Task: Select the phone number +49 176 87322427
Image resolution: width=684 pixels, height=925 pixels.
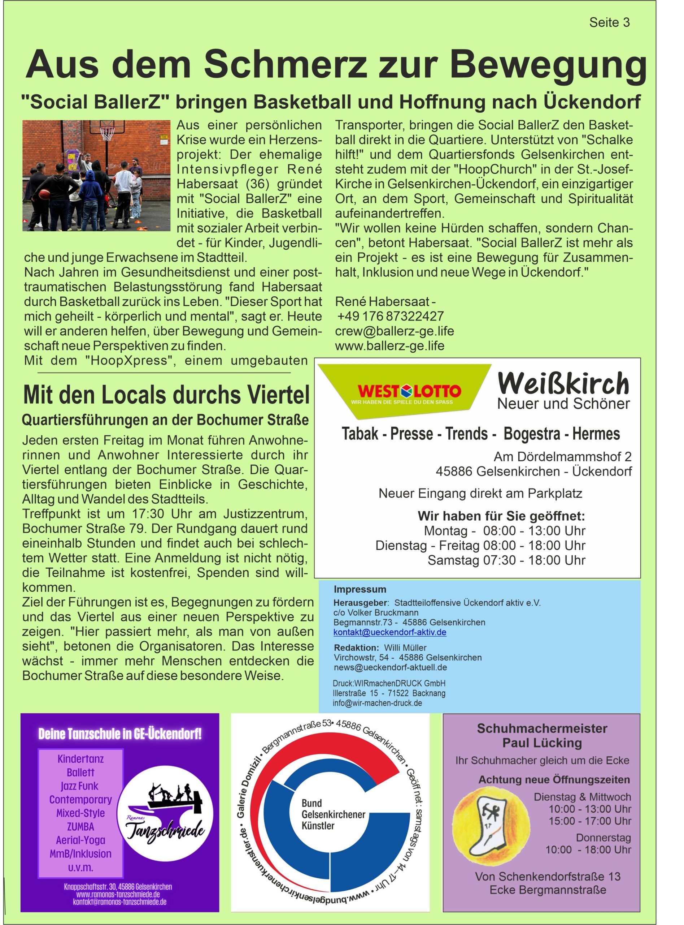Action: [x=391, y=316]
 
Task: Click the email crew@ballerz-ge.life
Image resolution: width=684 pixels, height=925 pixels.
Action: [x=394, y=331]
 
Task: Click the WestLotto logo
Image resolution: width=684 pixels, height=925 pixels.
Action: [x=409, y=392]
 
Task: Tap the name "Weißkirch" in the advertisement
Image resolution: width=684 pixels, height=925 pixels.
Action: [x=563, y=383]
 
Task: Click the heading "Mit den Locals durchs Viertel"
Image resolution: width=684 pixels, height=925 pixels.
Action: [x=166, y=395]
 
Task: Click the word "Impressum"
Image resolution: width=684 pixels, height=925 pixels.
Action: [x=360, y=589]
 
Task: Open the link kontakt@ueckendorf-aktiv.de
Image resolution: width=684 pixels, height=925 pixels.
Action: [x=389, y=632]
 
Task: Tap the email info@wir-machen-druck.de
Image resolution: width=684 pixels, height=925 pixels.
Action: [x=377, y=703]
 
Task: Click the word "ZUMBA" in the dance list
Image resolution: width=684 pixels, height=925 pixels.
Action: [x=80, y=827]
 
